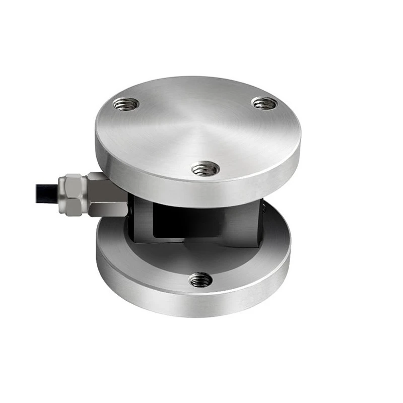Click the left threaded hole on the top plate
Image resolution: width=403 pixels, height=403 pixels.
(x=126, y=104)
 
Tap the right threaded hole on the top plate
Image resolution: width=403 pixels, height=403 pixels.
(x=264, y=103)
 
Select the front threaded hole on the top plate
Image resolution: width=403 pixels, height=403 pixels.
(x=206, y=168)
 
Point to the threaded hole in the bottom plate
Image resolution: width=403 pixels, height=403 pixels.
(x=200, y=278)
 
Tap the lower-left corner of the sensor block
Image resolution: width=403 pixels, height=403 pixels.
(x=135, y=240)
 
